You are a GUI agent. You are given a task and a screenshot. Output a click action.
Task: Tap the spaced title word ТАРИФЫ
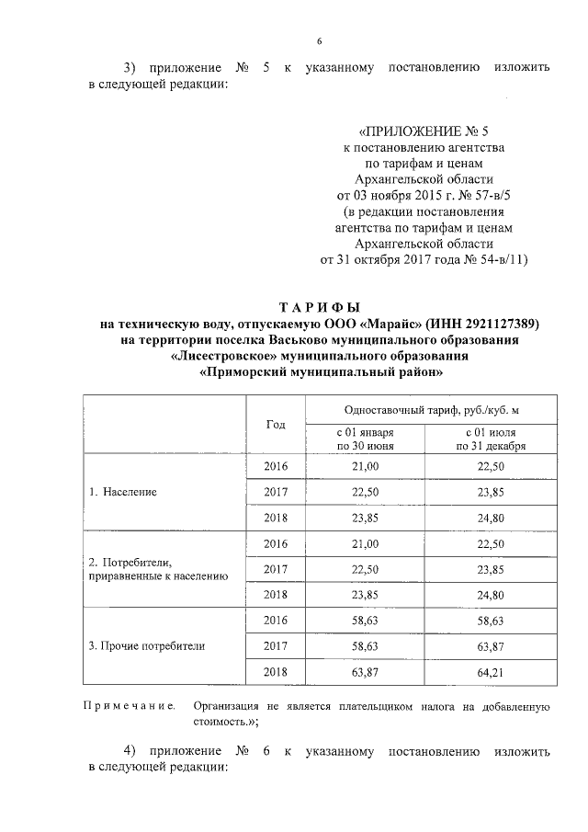pos(321,307)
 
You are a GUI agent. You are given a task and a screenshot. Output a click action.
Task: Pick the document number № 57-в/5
pos(496,195)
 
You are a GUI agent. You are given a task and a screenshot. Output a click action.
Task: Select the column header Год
pos(276,425)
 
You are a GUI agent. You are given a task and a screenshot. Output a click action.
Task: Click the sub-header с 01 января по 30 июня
pos(365,439)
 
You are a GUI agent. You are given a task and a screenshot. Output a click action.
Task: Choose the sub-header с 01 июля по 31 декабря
pos(491,439)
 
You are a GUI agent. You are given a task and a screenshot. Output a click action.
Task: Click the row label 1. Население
pos(123,492)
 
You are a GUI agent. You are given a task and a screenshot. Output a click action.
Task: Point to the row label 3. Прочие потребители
pos(146,646)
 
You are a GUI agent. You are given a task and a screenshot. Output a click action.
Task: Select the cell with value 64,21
pos(491,672)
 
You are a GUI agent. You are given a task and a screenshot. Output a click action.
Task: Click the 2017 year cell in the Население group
pos(276,492)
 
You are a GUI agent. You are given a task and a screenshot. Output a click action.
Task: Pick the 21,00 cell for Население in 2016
pos(366,466)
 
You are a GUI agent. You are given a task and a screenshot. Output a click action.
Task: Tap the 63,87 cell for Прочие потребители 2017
pos(491,646)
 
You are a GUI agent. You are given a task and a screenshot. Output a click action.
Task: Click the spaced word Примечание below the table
pos(130,707)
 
